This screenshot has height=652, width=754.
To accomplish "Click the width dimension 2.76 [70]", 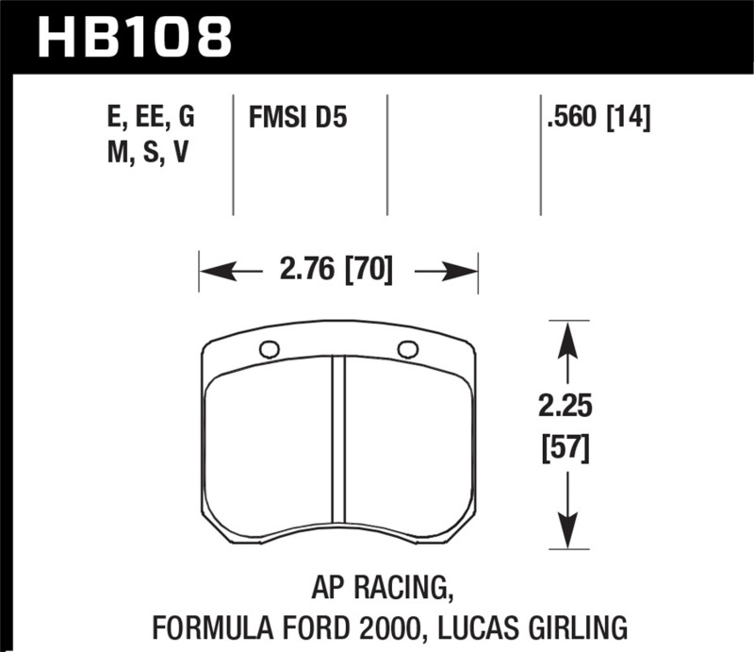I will [337, 272].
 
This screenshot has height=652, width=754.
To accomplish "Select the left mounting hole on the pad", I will [269, 350].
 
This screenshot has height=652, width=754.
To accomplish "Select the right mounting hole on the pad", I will [407, 349].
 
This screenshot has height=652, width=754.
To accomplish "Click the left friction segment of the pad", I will [268, 448].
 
